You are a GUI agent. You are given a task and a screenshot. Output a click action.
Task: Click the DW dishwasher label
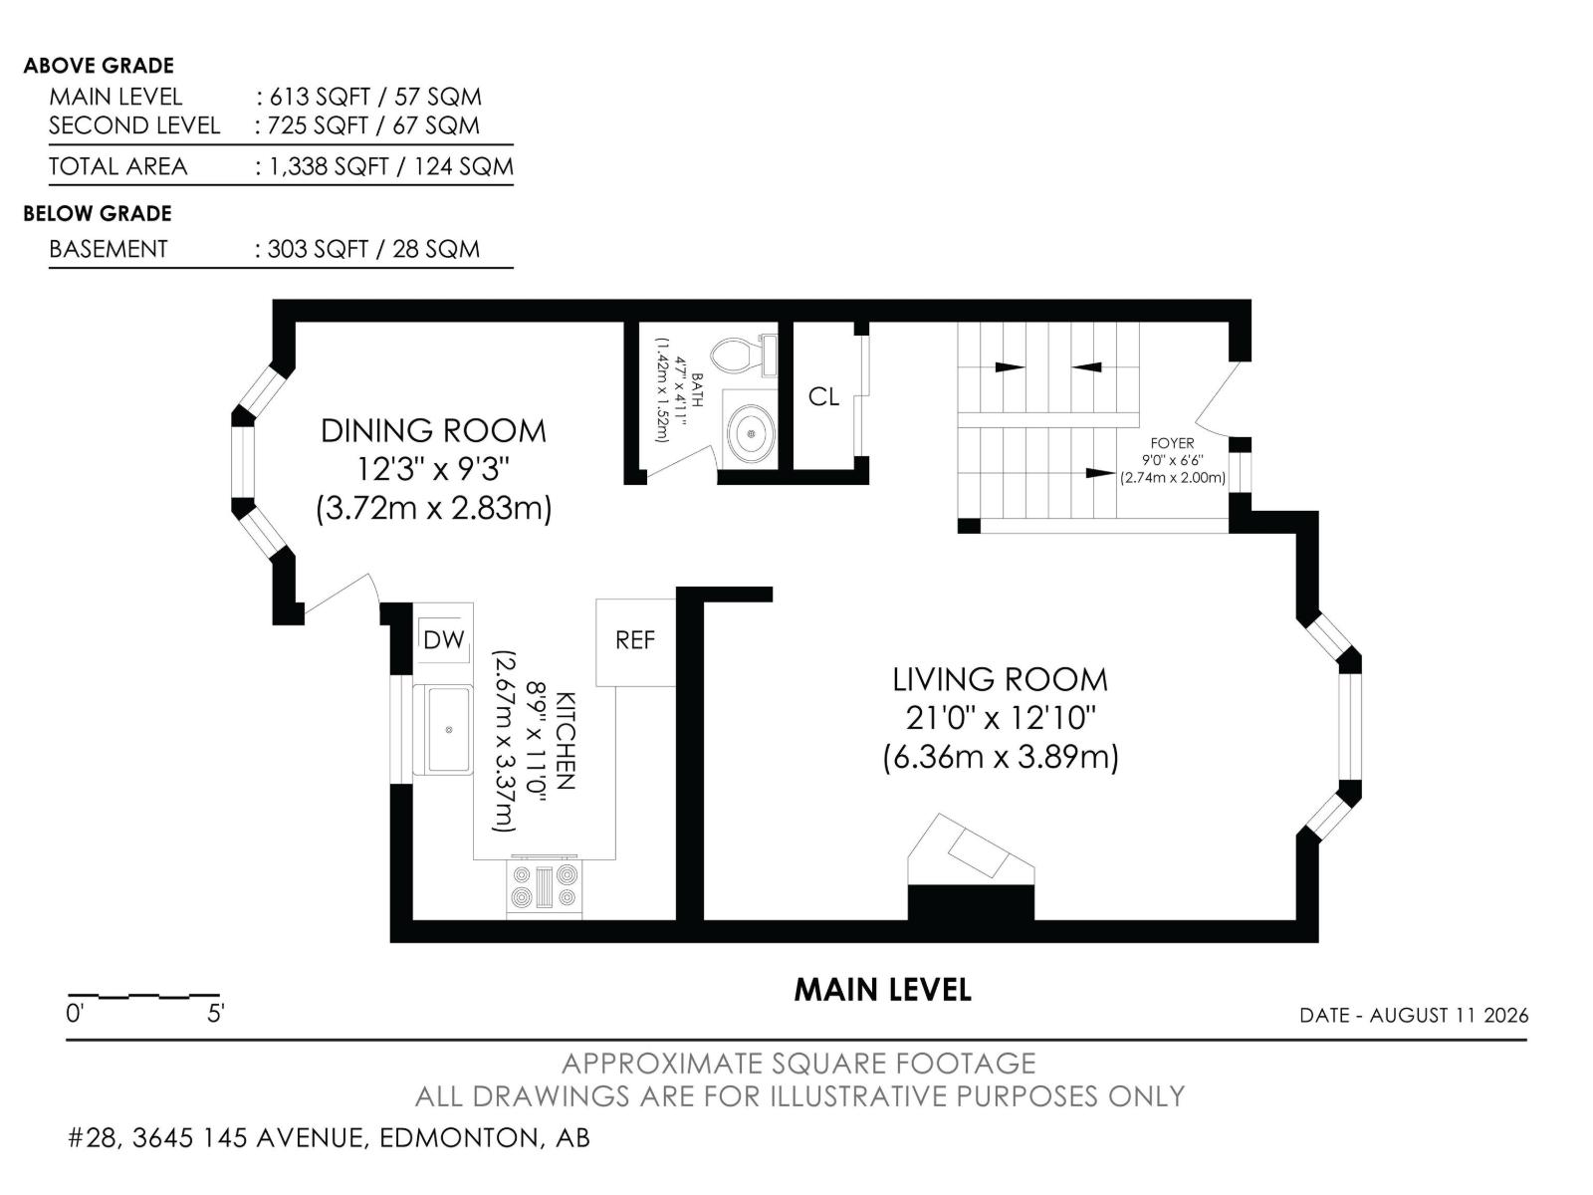443,639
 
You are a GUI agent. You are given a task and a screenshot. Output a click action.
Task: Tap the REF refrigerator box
635,642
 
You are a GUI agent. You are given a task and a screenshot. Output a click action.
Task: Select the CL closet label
823,397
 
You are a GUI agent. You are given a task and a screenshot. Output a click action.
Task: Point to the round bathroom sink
751,433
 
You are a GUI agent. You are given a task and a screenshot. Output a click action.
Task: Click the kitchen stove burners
545,886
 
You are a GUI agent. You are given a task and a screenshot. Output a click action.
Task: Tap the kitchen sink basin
448,729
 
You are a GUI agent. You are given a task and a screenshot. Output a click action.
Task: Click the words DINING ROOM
433,431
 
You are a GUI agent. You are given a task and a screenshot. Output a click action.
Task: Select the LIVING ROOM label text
1000,680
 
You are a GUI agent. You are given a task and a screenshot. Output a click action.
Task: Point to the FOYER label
1172,442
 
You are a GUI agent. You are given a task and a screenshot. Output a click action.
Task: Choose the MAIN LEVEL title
882,990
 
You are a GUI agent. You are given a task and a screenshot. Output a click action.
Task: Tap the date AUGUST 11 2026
1449,1015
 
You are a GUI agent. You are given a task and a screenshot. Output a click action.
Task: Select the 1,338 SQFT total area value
330,167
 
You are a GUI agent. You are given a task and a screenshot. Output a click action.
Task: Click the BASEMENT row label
109,249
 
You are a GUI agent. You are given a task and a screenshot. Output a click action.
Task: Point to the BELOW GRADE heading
98,213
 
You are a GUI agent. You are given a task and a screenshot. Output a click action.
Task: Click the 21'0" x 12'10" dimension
1000,718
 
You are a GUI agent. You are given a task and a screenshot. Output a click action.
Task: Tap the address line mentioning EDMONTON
329,1137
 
